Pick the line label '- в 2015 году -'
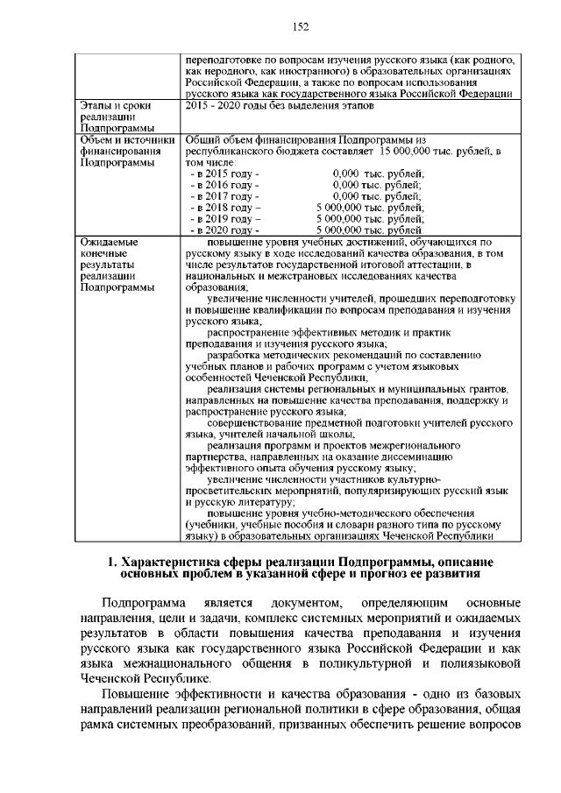(224, 174)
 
